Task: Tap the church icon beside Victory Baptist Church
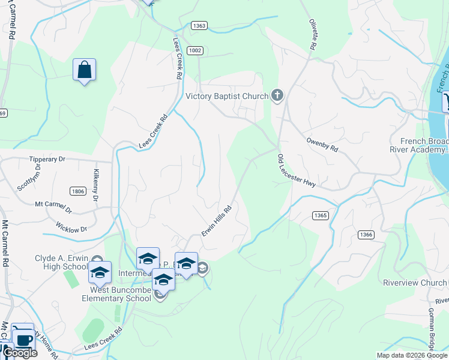coord(277,95)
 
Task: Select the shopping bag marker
coord(84,70)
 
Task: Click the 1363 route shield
coord(200,26)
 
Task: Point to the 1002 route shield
coord(194,50)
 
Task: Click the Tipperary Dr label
coord(47,160)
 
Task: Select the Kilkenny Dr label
coord(96,185)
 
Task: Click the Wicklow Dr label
coord(71,229)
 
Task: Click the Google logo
coord(20,353)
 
